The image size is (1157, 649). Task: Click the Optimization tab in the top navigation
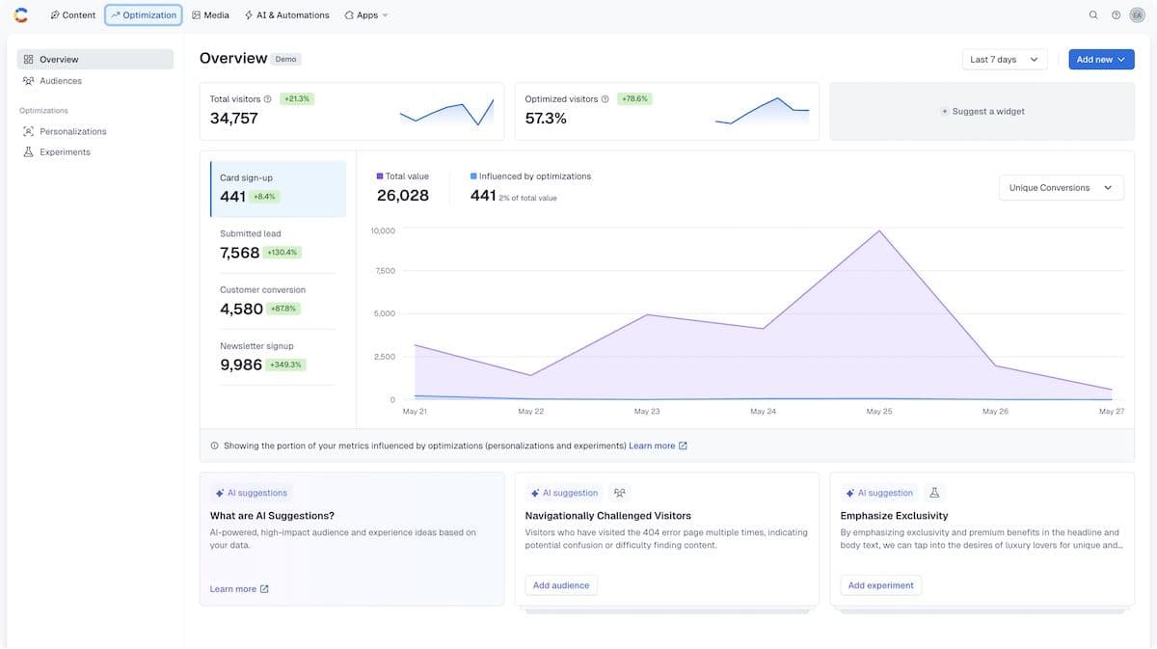[x=144, y=15]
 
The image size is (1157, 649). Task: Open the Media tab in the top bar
[x=210, y=15]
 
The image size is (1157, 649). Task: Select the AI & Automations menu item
[x=286, y=15]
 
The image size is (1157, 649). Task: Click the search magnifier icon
[x=1093, y=15]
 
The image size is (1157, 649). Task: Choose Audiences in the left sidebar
[x=60, y=81]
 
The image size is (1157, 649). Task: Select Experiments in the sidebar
[x=65, y=152]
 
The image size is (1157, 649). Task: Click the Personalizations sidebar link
[x=72, y=131]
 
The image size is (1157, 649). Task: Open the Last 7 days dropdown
[x=1004, y=60]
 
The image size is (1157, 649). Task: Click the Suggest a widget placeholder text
[x=988, y=112]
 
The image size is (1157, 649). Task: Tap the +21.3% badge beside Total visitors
[x=297, y=99]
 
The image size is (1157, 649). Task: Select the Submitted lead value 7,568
[x=239, y=253]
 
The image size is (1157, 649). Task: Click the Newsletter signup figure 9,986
[x=240, y=365]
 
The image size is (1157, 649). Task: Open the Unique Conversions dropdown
[x=1061, y=188]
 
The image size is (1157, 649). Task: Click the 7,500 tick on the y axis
[x=384, y=271]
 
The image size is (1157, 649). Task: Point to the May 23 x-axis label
[x=647, y=412]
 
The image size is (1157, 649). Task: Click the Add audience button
[x=561, y=585]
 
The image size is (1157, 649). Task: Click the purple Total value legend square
[x=380, y=176]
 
